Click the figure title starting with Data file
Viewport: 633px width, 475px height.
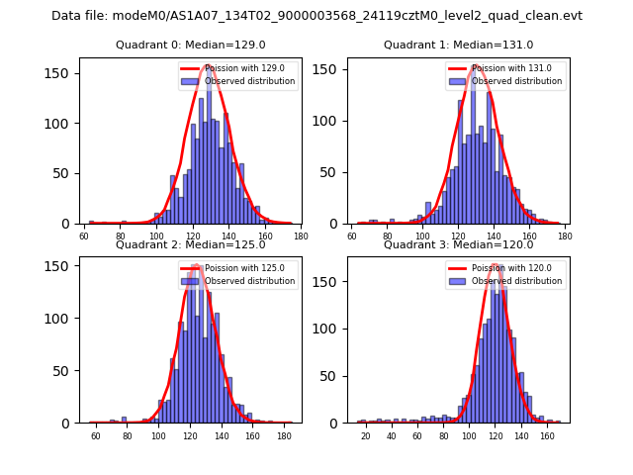click(316, 16)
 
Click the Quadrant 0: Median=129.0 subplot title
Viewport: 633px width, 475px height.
click(190, 45)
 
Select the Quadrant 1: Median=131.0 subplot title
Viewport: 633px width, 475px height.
click(458, 45)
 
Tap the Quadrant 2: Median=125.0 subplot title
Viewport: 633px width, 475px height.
click(190, 244)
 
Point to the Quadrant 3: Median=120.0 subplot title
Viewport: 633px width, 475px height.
click(458, 244)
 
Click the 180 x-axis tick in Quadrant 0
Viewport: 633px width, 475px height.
click(301, 237)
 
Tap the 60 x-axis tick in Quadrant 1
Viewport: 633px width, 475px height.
click(352, 237)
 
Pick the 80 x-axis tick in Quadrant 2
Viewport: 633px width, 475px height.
click(127, 435)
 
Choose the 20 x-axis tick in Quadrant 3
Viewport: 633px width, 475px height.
click(366, 435)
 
